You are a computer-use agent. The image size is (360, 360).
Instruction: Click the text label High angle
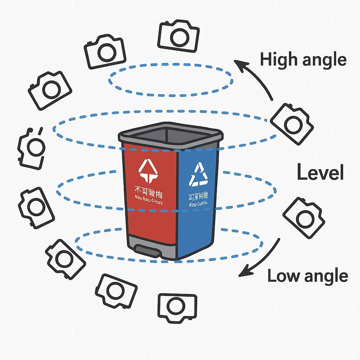[x=303, y=60]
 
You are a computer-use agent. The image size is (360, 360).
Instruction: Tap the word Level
[x=320, y=173]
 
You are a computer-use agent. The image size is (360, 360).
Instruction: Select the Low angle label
[x=308, y=276]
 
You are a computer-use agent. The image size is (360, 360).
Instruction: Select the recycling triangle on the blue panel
[x=199, y=174]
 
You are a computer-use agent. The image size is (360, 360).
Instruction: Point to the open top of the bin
[x=170, y=135]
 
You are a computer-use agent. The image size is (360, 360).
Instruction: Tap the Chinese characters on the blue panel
[x=198, y=195]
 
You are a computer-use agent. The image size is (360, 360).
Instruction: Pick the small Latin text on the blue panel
[x=198, y=204]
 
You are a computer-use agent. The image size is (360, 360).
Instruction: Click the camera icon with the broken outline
[x=31, y=148]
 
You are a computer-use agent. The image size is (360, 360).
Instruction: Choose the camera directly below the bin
[x=177, y=308]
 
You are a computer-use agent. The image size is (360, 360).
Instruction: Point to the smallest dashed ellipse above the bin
[x=171, y=81]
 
